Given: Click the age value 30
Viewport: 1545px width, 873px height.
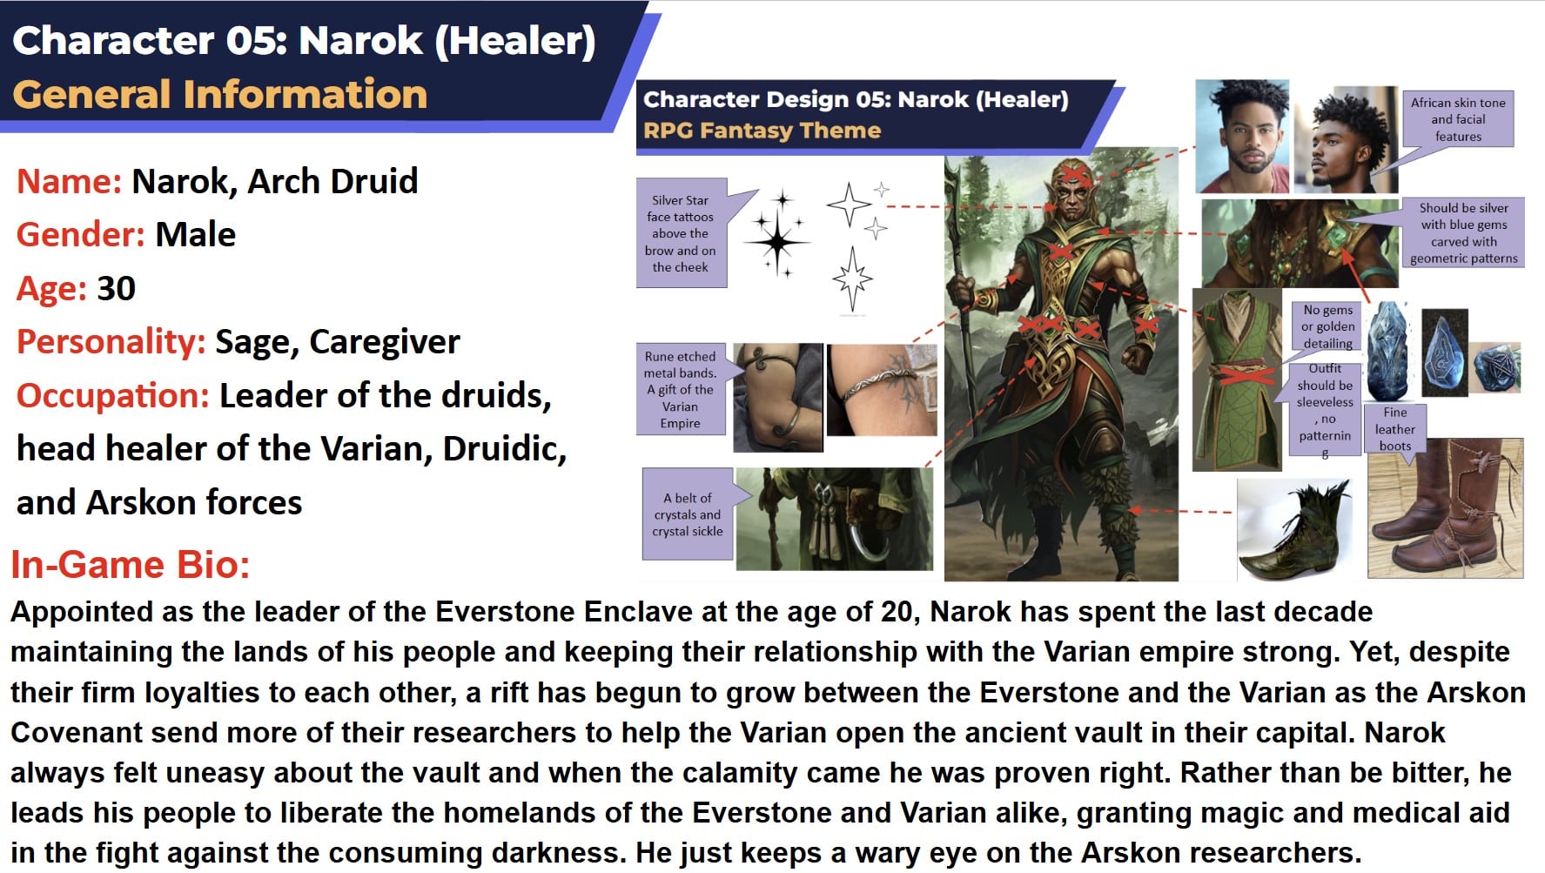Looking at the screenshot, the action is [x=116, y=288].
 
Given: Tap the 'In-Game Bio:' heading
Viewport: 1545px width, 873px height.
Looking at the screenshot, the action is [x=131, y=565].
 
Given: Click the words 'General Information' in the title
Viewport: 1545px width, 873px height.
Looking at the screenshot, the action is [x=220, y=94].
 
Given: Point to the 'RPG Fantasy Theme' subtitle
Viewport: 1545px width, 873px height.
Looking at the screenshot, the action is [x=762, y=131].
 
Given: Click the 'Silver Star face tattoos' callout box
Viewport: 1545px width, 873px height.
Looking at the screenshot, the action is [x=681, y=233].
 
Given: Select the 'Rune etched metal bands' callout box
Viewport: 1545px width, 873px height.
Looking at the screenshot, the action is [x=680, y=389].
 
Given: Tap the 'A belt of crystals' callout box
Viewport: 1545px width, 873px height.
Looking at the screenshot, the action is [x=688, y=514].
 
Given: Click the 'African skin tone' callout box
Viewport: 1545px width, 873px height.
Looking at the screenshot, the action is [x=1458, y=118].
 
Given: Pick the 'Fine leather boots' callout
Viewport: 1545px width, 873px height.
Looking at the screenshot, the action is [x=1394, y=429].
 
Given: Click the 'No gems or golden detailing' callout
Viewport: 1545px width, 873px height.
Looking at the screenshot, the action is [x=1327, y=326].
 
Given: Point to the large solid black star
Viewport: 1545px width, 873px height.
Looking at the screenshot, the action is [x=776, y=241].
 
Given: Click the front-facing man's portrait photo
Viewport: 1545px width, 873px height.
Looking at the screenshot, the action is [x=1241, y=136].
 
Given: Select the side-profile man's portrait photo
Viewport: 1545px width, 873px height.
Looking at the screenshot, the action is [x=1346, y=139].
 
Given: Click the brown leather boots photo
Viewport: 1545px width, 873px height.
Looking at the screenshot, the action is [x=1445, y=508].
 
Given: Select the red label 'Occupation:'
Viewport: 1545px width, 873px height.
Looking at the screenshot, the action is [x=113, y=396].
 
